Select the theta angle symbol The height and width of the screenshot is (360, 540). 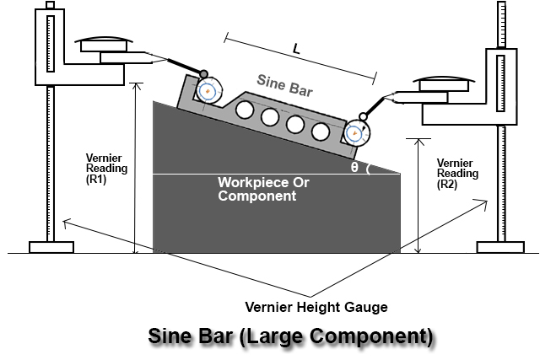pyautogui.click(x=354, y=167)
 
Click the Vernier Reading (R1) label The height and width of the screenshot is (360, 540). pyautogui.click(x=107, y=168)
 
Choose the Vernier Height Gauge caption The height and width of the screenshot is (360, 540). pyautogui.click(x=316, y=307)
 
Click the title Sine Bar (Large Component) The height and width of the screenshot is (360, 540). pyautogui.click(x=290, y=337)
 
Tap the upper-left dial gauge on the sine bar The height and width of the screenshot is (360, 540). pyautogui.click(x=207, y=90)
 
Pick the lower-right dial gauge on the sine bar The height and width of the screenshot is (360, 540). pyautogui.click(x=355, y=132)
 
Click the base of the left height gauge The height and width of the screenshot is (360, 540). pyautogui.click(x=51, y=246)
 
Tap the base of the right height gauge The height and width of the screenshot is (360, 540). pyautogui.click(x=501, y=246)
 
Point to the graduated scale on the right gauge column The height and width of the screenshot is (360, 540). pyautogui.click(x=504, y=25)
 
